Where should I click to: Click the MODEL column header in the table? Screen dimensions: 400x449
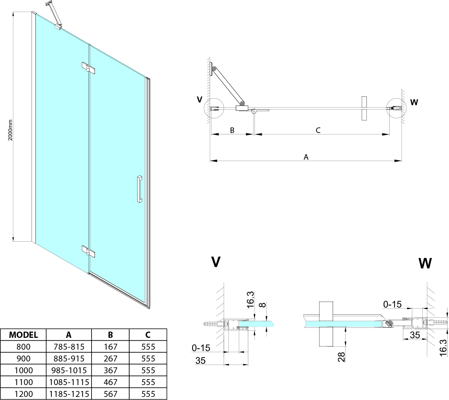click(23, 335)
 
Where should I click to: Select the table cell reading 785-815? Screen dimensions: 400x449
click(69, 347)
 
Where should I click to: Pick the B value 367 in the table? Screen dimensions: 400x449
click(110, 370)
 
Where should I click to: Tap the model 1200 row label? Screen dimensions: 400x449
click(23, 394)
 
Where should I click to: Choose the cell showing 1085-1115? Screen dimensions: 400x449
click(69, 382)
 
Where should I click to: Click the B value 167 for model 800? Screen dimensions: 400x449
click(110, 347)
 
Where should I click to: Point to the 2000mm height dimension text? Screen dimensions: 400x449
click(10, 130)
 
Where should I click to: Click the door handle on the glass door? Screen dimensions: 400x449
click(139, 189)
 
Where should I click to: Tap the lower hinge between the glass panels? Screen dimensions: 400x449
click(88, 251)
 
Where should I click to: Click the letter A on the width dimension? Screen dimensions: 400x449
click(306, 157)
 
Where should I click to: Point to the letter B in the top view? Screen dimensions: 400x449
click(232, 130)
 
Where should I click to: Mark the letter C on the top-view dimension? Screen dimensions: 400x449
click(318, 130)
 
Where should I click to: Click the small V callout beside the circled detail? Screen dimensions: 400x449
click(199, 100)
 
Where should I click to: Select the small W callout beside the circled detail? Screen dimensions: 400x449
click(414, 102)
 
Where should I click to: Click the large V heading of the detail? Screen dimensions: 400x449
click(216, 262)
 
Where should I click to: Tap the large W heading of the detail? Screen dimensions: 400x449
click(425, 264)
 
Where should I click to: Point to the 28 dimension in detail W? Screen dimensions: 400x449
click(342, 357)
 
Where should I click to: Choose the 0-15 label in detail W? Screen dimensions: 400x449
click(392, 305)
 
